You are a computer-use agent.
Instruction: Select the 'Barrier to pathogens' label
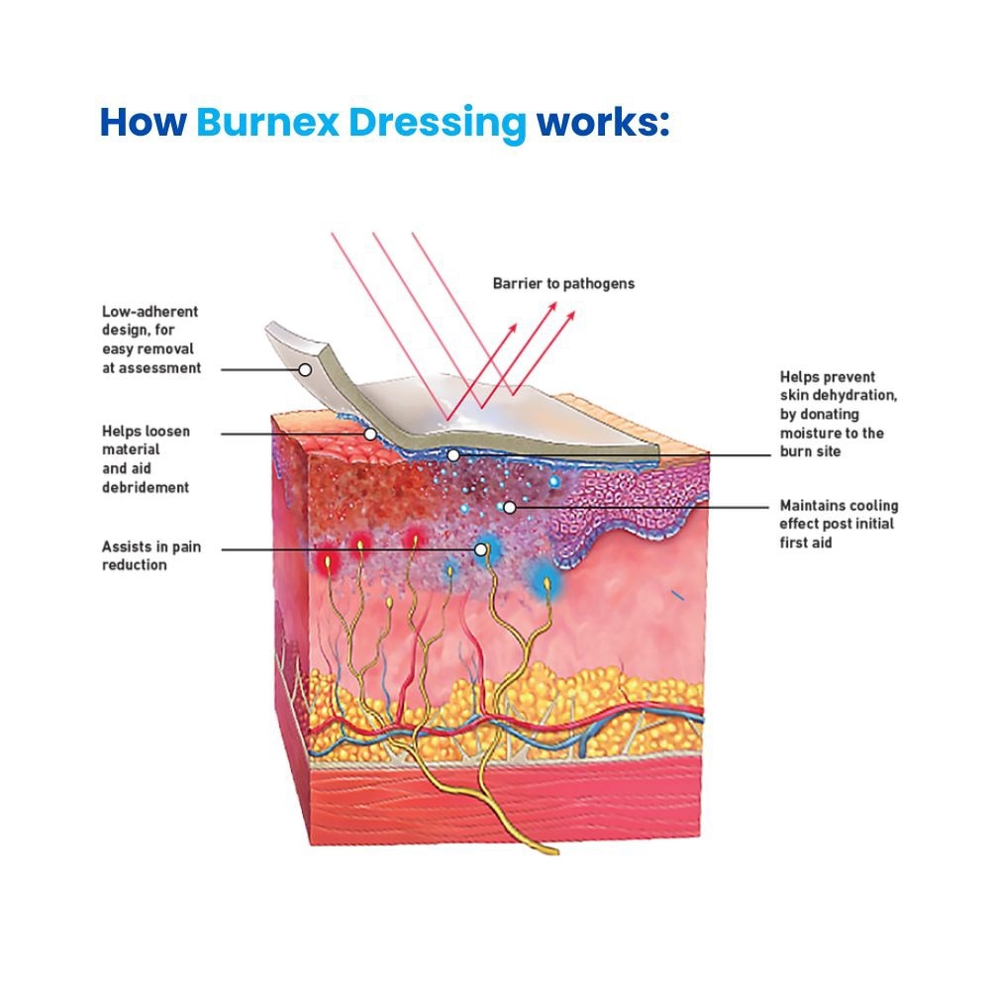point(563,283)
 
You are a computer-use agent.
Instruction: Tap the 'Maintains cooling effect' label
point(839,524)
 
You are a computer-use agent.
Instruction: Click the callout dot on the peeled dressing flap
point(305,369)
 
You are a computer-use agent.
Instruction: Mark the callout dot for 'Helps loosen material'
point(369,434)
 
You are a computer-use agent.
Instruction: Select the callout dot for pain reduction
point(481,548)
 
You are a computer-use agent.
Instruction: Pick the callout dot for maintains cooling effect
point(509,507)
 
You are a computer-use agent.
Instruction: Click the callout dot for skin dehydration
point(452,455)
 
